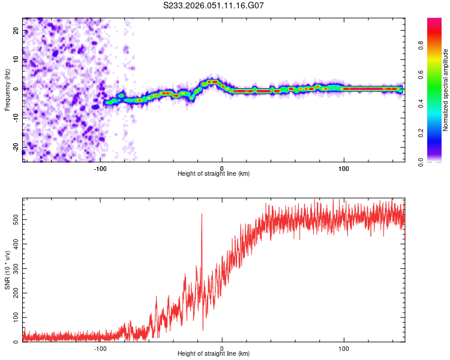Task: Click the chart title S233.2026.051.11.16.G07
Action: click(214, 6)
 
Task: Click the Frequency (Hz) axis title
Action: click(7, 89)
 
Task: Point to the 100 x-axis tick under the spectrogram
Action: click(344, 169)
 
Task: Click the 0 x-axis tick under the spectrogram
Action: click(222, 169)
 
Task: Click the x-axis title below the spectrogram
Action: click(214, 174)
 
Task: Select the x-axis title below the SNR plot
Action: click(214, 354)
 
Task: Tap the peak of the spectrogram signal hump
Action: click(212, 81)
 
